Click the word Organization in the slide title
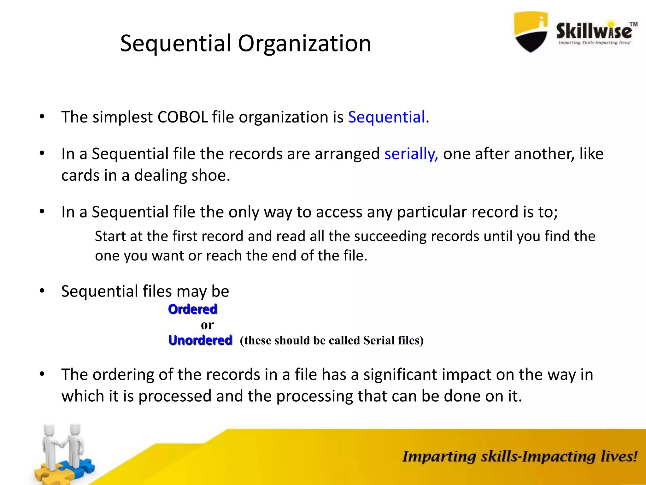click(304, 44)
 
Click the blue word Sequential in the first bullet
click(386, 117)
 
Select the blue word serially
click(411, 154)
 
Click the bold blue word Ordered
click(192, 309)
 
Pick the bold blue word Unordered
click(200, 340)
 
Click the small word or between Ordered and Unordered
click(207, 325)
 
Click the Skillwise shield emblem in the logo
click(531, 32)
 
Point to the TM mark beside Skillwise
click(633, 24)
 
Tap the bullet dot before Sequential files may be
click(42, 291)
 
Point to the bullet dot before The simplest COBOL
click(42, 117)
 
